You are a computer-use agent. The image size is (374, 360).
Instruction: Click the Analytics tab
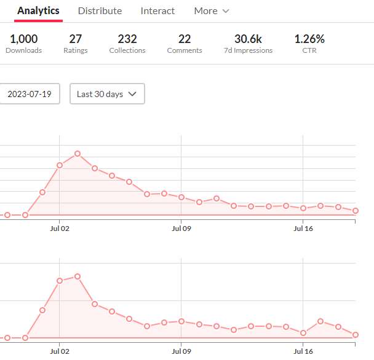coord(38,10)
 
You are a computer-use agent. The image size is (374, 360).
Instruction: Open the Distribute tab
coord(100,10)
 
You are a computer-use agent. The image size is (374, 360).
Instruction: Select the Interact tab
coord(157,10)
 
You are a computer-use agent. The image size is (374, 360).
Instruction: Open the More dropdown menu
coord(211,10)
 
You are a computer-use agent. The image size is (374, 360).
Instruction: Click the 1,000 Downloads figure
coord(23,39)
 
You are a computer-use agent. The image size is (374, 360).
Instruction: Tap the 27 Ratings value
coord(76,39)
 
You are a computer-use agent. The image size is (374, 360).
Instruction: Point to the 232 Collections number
coord(127,39)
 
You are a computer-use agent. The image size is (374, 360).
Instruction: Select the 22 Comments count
coord(185,39)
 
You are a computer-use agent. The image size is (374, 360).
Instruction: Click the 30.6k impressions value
coord(248,39)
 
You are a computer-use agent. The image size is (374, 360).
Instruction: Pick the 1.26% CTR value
coord(309,39)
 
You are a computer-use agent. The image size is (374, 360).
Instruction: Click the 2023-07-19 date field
coord(29,94)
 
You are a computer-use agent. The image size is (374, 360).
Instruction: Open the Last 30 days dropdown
coord(107,94)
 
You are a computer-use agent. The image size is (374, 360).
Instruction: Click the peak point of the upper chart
coord(78,154)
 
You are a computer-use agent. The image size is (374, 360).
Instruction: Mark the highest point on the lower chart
coord(78,276)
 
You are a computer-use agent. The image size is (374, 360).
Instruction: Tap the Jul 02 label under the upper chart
coord(60,229)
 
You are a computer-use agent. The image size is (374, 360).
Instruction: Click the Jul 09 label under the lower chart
coord(181,351)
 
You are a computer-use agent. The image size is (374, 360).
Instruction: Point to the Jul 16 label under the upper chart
coord(303,229)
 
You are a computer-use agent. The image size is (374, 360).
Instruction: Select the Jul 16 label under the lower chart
coord(303,351)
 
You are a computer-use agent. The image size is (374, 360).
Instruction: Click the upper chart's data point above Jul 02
coord(60,165)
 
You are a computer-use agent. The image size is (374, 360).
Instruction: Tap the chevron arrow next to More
coord(225,11)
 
